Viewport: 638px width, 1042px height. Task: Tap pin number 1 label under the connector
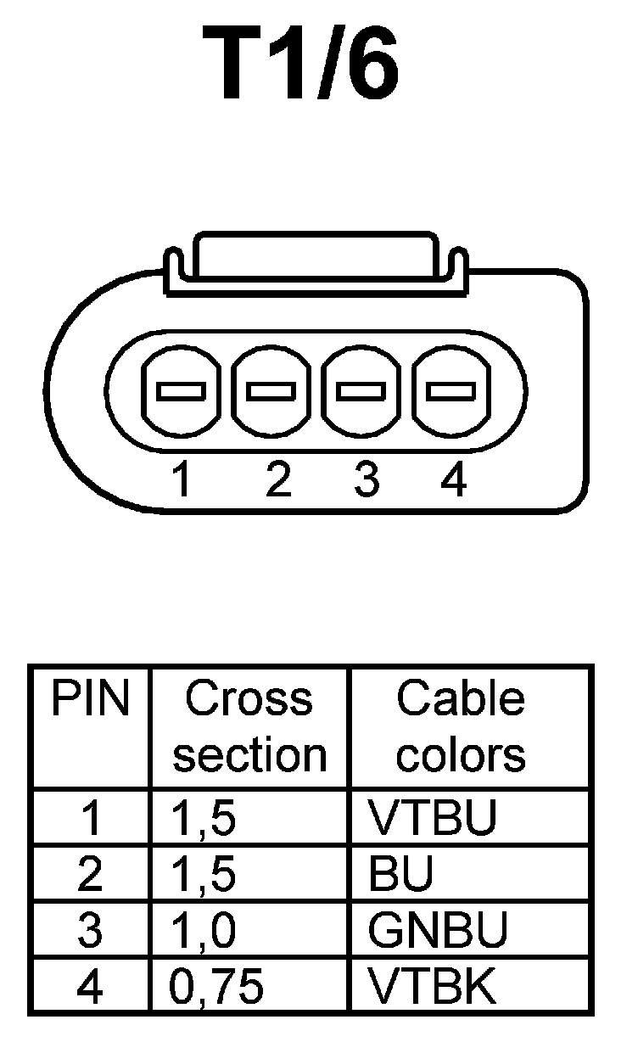pos(180,480)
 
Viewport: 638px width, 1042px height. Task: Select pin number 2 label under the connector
pos(277,480)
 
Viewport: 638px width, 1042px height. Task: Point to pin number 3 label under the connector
pos(366,480)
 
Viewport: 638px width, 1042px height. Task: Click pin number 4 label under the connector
pos(454,480)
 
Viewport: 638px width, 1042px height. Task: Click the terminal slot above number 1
pos(181,391)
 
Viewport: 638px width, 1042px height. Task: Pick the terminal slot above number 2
pos(271,391)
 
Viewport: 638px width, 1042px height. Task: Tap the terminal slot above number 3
pos(361,391)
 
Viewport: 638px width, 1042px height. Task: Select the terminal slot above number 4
pos(451,391)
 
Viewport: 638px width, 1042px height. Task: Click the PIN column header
pos(91,700)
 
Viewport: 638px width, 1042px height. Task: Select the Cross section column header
pos(249,727)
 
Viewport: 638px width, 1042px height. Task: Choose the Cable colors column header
pos(461,727)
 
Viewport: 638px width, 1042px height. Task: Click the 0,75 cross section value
pos(216,986)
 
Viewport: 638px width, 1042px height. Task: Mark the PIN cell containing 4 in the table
pos(90,986)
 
